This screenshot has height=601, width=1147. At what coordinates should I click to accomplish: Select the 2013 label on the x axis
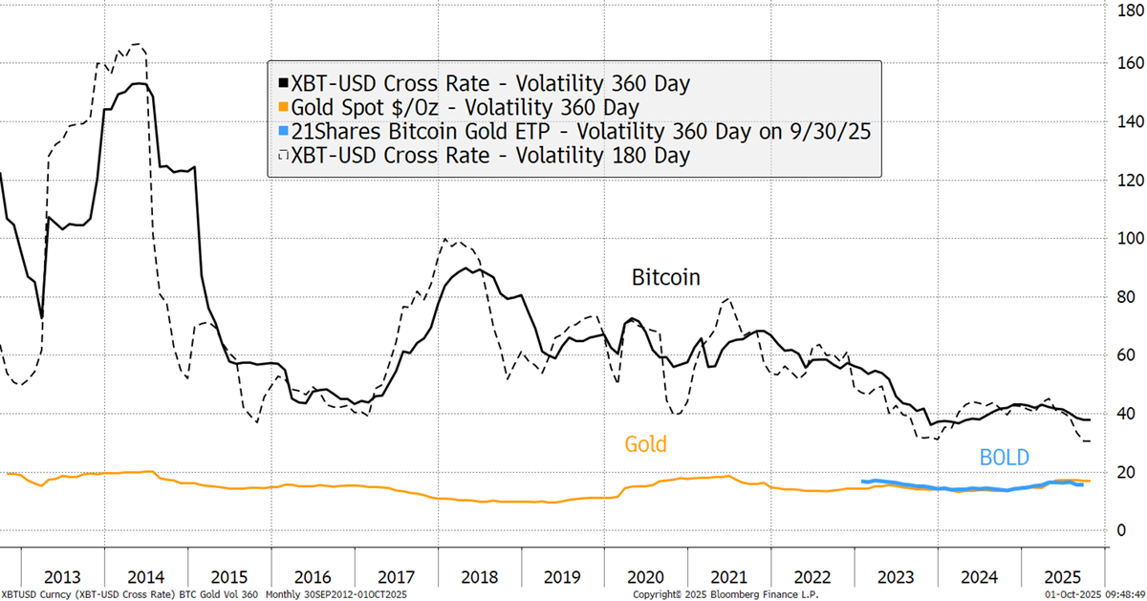tap(62, 577)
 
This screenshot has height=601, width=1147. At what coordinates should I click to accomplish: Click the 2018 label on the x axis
tap(478, 577)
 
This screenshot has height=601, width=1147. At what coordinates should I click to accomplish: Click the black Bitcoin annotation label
tap(666, 277)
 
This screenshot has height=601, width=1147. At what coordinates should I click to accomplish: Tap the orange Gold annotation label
tap(645, 444)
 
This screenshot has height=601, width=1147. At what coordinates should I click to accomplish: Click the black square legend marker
tap(278, 84)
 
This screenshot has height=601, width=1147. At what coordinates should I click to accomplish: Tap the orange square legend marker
tap(278, 107)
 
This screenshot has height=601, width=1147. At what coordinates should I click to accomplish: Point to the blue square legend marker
tap(278, 131)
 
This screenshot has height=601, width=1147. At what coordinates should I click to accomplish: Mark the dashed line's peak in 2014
tap(139, 44)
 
